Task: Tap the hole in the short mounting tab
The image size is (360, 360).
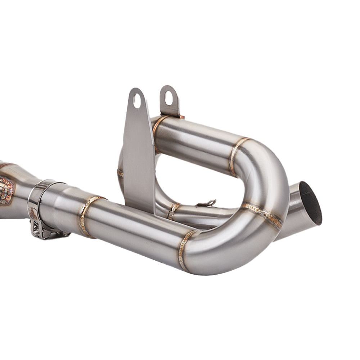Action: tap(168, 98)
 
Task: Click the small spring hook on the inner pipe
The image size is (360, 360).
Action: tap(207, 204)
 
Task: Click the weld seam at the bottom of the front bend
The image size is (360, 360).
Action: tap(184, 250)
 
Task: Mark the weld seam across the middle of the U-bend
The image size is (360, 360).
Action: tap(262, 215)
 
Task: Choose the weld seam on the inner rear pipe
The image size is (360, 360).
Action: tap(174, 211)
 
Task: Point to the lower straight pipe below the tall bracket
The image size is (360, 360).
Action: tap(137, 230)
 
